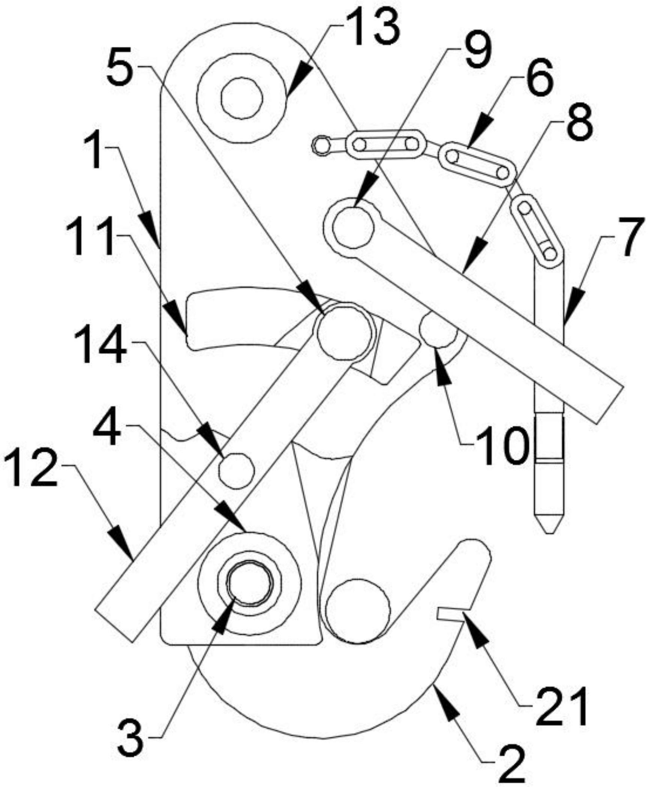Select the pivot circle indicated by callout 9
pyautogui.click(x=353, y=227)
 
